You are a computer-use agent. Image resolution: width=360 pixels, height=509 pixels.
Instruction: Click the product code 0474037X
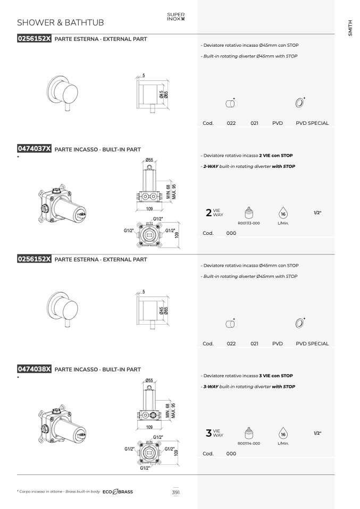[x=34, y=149]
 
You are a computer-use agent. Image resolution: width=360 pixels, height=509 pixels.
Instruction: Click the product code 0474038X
[x=34, y=369]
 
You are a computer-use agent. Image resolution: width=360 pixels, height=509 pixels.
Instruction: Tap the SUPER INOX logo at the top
[x=176, y=16]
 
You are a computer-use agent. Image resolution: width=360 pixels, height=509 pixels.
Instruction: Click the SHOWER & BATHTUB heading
[x=61, y=22]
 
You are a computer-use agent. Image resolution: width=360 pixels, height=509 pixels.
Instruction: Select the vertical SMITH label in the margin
[x=350, y=28]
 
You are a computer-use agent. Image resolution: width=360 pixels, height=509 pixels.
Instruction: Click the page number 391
[x=176, y=492]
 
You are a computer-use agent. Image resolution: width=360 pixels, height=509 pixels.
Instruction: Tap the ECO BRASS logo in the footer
[x=118, y=492]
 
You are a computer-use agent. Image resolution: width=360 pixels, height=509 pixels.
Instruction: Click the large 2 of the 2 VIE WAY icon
[x=208, y=213]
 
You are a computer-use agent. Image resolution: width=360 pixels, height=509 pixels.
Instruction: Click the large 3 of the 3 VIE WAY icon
[x=208, y=432]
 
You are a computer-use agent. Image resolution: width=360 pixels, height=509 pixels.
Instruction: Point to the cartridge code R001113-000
[x=249, y=223]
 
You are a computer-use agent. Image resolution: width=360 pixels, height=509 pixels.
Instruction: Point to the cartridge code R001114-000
[x=249, y=444]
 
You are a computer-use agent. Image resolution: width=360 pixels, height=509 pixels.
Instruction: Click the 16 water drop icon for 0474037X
[x=283, y=213]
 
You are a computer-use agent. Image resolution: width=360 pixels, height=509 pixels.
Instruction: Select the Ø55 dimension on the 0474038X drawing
[x=149, y=380]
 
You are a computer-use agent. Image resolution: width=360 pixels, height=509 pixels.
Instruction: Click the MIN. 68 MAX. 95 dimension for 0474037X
[x=171, y=192]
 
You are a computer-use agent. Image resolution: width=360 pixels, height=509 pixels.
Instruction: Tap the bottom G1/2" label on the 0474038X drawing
[x=145, y=468]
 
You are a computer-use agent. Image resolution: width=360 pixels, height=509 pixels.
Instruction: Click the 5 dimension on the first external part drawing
[x=144, y=75]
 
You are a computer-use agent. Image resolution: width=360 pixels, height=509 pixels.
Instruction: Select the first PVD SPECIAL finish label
[x=312, y=123]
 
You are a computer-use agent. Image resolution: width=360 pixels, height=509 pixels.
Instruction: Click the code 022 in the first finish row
[x=231, y=123]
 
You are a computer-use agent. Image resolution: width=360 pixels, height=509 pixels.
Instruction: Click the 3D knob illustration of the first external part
[x=63, y=92]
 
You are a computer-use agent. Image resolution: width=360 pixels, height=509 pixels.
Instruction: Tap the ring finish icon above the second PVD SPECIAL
[x=300, y=323]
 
